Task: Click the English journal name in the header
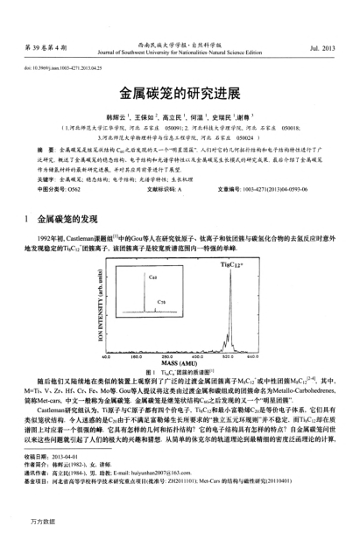[x=180, y=48]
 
